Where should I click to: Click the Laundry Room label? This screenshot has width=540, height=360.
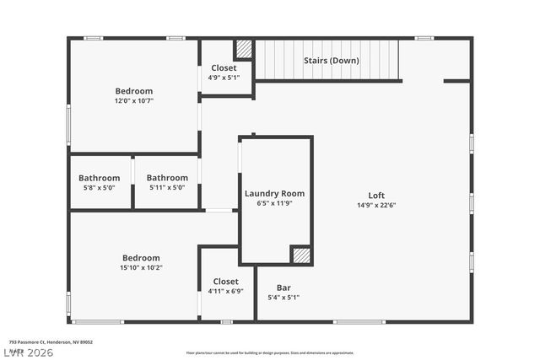pyautogui.click(x=274, y=193)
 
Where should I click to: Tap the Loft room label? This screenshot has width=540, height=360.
pyautogui.click(x=376, y=195)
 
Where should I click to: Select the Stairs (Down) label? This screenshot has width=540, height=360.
pyautogui.click(x=332, y=61)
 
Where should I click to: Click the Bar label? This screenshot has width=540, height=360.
pyautogui.click(x=283, y=287)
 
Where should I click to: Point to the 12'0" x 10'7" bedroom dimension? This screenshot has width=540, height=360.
pyautogui.click(x=134, y=100)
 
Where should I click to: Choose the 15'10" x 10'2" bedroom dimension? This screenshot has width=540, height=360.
pyautogui.click(x=141, y=267)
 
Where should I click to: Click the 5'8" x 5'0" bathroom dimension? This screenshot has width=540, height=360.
pyautogui.click(x=100, y=187)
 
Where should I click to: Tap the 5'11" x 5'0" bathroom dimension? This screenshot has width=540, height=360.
pyautogui.click(x=167, y=187)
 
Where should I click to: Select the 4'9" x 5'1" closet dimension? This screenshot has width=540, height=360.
pyautogui.click(x=224, y=78)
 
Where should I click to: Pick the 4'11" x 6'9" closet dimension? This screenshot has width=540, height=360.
pyautogui.click(x=225, y=291)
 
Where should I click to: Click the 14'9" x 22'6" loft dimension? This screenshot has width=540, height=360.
pyautogui.click(x=376, y=204)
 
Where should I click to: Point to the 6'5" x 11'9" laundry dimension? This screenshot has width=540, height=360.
pyautogui.click(x=274, y=203)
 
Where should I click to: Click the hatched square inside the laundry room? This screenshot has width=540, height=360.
pyautogui.click(x=300, y=255)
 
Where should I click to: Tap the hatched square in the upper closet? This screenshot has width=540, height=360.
pyautogui.click(x=244, y=49)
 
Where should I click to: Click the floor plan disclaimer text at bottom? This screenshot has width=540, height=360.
pyautogui.click(x=269, y=352)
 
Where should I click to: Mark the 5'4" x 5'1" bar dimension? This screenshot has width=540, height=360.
pyautogui.click(x=283, y=297)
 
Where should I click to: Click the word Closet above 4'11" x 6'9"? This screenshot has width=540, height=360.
pyautogui.click(x=225, y=282)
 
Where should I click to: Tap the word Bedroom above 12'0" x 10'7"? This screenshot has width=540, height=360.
pyautogui.click(x=134, y=91)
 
